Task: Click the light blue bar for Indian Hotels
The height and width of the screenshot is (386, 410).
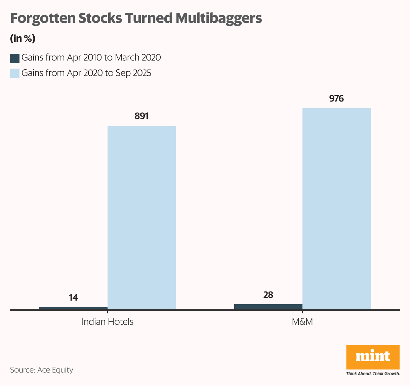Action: click(141, 218)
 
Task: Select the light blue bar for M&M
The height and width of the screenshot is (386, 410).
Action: click(336, 208)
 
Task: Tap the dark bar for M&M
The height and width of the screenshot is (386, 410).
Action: click(268, 307)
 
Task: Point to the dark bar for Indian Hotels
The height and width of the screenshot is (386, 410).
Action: click(73, 308)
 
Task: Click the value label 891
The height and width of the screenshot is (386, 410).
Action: click(141, 116)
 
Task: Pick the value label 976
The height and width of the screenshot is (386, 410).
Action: click(336, 99)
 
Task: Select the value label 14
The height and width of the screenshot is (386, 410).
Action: click(73, 298)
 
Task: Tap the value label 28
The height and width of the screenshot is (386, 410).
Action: click(268, 295)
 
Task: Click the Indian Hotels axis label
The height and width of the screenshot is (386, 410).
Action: click(108, 322)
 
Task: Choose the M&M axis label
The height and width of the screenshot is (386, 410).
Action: click(302, 322)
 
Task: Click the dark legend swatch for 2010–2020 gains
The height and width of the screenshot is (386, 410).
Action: click(15, 58)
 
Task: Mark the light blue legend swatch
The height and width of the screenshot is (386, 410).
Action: click(15, 73)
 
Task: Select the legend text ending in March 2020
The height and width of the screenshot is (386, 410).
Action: click(91, 57)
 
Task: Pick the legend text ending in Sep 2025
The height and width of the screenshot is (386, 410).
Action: click(86, 73)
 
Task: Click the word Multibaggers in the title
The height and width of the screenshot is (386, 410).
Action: click(218, 18)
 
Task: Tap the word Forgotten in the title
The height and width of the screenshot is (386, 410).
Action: click(43, 18)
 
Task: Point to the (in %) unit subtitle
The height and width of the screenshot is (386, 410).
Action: click(23, 38)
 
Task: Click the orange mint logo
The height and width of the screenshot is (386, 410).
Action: click(373, 357)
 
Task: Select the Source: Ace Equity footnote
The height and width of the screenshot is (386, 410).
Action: click(42, 370)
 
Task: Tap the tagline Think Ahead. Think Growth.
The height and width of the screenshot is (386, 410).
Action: click(373, 374)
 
